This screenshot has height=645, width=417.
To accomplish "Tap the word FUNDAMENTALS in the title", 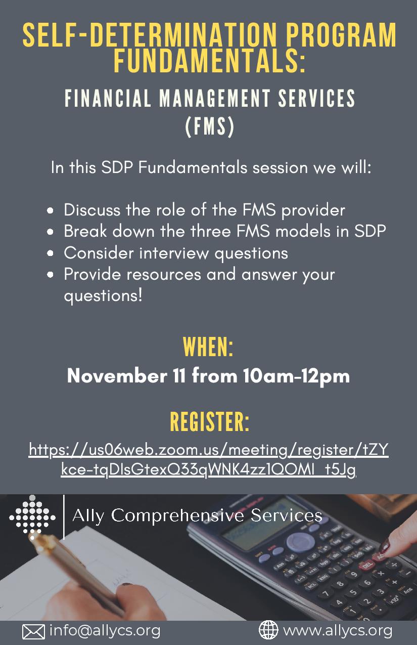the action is point(209,61).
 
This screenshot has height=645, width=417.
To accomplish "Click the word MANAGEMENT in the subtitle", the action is point(215,98).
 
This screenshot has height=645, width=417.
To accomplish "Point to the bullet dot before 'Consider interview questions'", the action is point(50,253).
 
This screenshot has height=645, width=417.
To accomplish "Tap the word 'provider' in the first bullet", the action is point(313,210).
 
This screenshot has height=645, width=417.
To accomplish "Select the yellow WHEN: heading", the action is point(208,347).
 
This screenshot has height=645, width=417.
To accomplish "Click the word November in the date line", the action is point(117,375).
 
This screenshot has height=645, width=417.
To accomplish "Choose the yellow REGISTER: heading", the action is point(209,421).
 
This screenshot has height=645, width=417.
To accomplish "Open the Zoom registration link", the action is point(209,459).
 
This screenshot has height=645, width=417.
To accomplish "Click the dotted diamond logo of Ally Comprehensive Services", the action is point(32,518).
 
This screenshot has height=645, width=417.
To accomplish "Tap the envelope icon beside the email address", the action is point(33,631).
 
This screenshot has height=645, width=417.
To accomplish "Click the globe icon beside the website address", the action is point(268,630).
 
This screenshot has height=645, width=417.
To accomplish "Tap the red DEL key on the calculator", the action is point(367,565).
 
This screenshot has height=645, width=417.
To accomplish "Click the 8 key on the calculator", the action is point(340,584).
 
